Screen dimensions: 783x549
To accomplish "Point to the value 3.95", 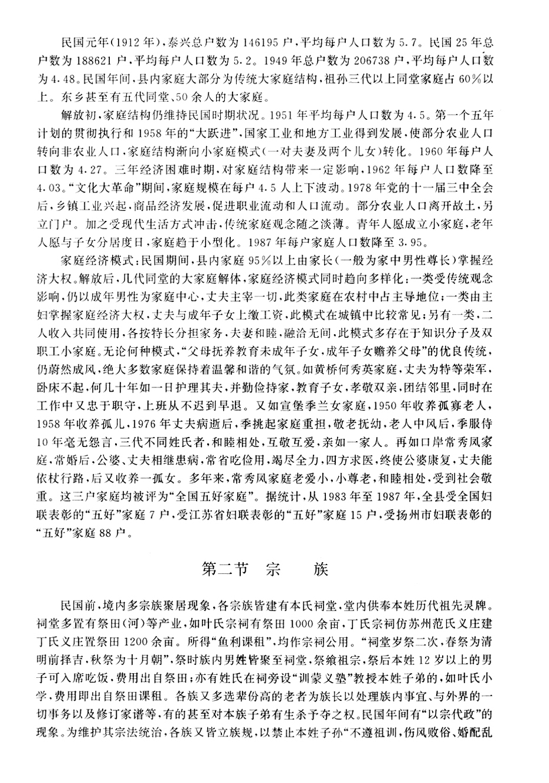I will click(x=409, y=243).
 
